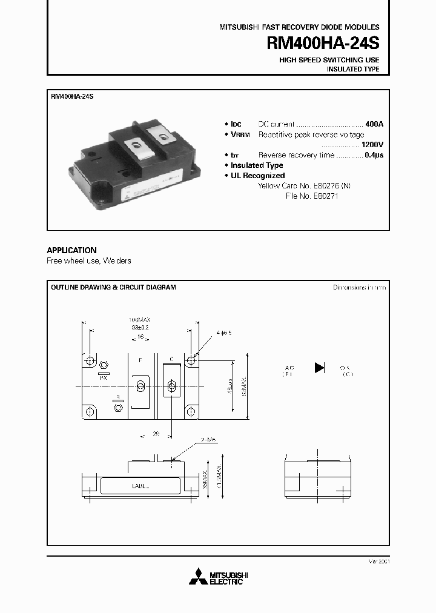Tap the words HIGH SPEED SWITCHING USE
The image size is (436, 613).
[329, 60]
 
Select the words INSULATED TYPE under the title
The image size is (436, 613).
[353, 70]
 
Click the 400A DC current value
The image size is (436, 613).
[374, 124]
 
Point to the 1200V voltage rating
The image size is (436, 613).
[372, 145]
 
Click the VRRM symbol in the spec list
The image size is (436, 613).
[240, 134]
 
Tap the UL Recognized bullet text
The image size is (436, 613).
[257, 176]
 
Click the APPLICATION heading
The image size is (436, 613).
[71, 250]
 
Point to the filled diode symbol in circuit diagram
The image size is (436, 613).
[320, 367]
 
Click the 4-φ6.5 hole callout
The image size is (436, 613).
[222, 333]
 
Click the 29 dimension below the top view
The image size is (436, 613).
[155, 435]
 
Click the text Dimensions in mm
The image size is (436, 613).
[359, 287]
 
